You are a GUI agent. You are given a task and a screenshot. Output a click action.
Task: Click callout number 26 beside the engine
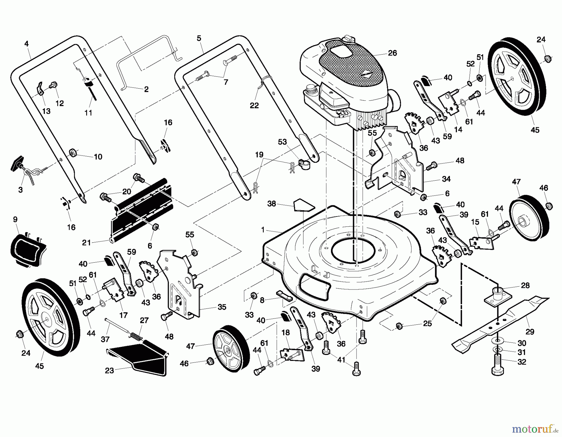click(392, 53)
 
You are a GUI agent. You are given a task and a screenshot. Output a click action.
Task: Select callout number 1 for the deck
click(263, 230)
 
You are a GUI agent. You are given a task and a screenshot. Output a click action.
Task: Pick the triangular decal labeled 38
click(303, 205)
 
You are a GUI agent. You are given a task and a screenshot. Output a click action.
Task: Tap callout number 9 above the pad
click(15, 220)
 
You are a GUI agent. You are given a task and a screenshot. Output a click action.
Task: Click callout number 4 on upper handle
click(27, 44)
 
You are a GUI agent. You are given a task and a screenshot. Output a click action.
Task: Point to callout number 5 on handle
click(199, 39)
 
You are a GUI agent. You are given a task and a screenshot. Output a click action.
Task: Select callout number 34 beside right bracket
click(446, 179)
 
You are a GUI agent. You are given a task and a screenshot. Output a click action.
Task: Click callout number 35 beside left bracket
click(222, 307)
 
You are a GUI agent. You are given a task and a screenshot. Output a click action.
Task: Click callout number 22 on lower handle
click(254, 105)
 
